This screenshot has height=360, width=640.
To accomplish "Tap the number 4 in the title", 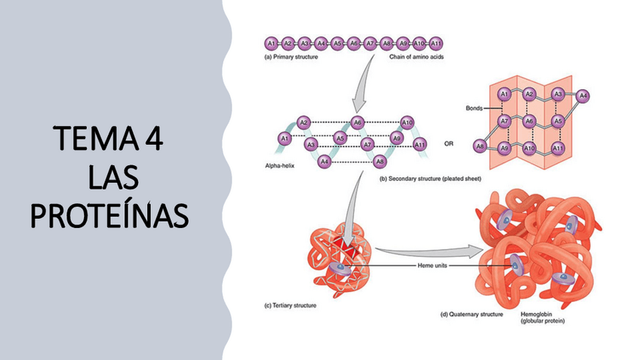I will [x=153, y=141].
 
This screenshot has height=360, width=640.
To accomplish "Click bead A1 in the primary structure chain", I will [x=272, y=43].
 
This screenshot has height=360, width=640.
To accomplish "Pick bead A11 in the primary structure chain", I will [x=435, y=43].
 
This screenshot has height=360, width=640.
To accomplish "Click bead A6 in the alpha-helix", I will [x=358, y=122].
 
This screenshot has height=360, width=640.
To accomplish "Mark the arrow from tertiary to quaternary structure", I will [x=430, y=250].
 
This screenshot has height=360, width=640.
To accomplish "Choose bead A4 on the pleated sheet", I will [x=583, y=96].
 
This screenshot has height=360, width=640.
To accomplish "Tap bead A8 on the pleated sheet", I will [x=478, y=146].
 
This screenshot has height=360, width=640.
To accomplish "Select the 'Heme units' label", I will [x=432, y=266].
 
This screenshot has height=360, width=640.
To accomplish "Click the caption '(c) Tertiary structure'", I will [x=291, y=306].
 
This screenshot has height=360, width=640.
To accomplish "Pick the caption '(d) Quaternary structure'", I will [x=471, y=313].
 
